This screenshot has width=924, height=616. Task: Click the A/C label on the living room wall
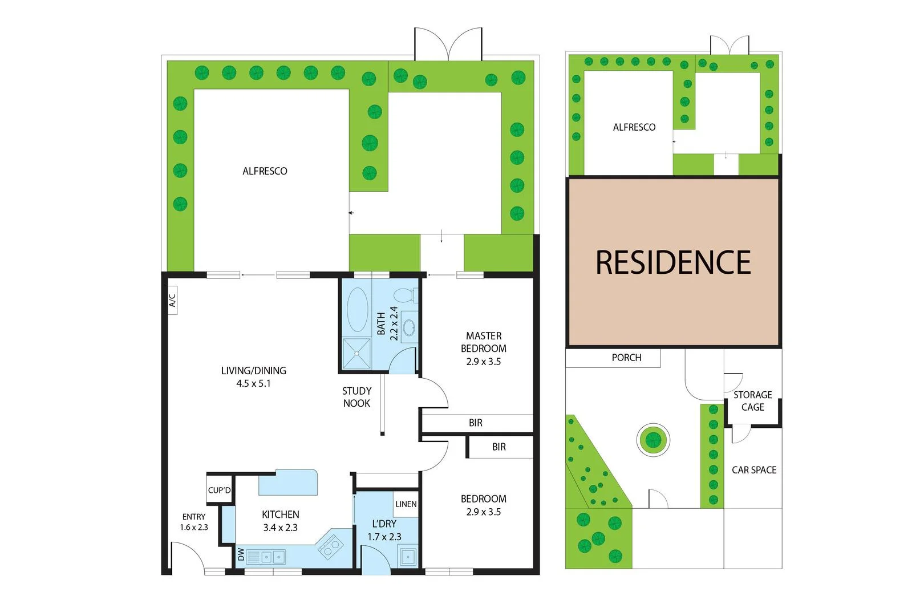[x=172, y=300]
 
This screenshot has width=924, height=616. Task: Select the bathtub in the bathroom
[x=358, y=309]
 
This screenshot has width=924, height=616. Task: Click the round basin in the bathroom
[x=409, y=327]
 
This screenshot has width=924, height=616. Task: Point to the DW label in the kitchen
[x=241, y=554]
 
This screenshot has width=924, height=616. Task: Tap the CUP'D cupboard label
[x=220, y=490]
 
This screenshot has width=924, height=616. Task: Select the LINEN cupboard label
[x=406, y=504]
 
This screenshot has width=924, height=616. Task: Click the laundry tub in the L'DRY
[x=408, y=556]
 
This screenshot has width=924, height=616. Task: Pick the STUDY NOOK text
[x=356, y=397]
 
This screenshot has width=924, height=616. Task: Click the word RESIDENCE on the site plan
[x=673, y=262]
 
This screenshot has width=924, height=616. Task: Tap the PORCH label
[x=626, y=358]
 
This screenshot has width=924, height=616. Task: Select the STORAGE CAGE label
[x=752, y=401]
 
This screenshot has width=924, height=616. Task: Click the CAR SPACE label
[x=754, y=470]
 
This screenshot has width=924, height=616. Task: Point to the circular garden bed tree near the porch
[x=653, y=439]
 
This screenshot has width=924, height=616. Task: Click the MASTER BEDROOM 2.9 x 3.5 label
[x=484, y=348]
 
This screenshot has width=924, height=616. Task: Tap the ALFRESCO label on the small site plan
[x=634, y=127]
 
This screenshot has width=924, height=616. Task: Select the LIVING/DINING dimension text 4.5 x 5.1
[x=254, y=384]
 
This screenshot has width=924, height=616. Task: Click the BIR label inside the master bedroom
[x=476, y=423]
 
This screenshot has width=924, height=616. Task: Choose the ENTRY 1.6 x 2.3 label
[x=194, y=522]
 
